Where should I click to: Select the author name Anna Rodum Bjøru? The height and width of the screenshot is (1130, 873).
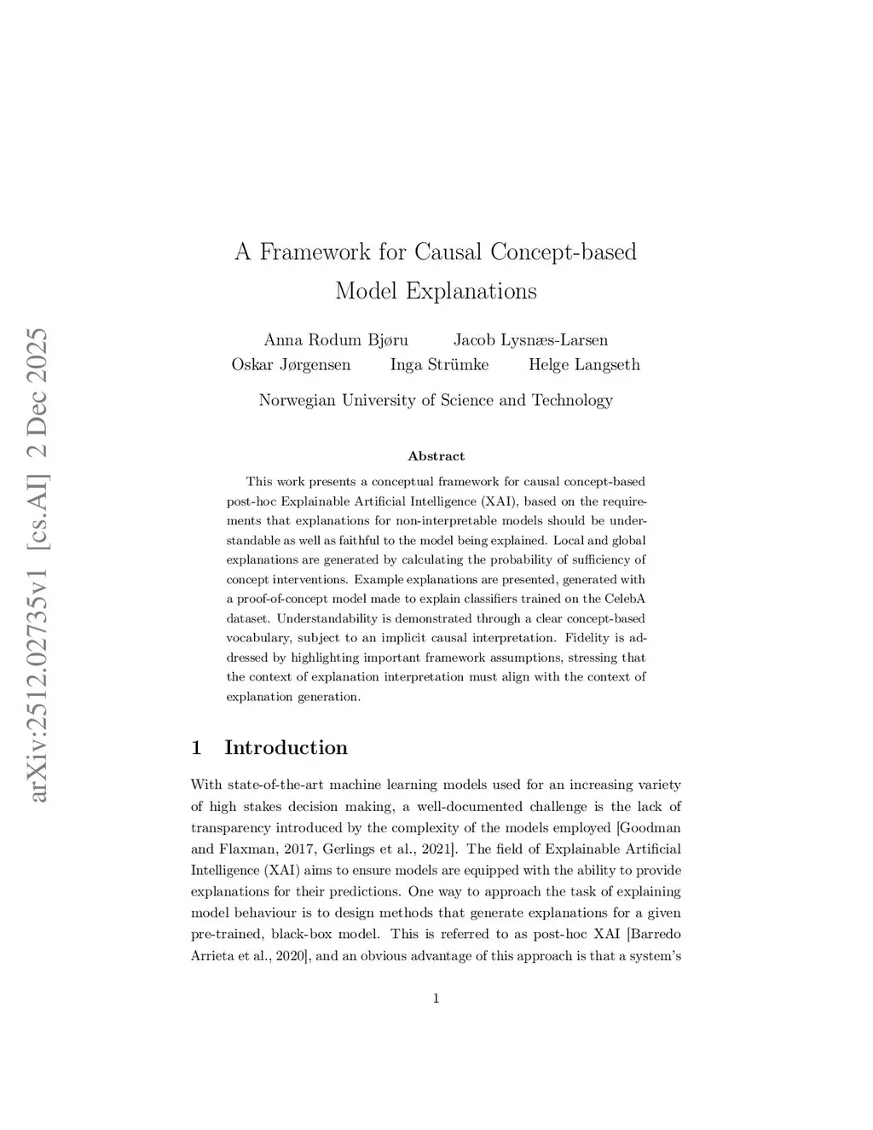point(336,340)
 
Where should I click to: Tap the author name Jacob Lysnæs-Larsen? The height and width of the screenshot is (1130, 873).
point(530,340)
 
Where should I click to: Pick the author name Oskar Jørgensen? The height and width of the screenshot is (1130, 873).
point(291,365)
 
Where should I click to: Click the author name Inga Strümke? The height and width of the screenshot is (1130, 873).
point(439,365)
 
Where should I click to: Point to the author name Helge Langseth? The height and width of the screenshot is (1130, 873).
point(584,365)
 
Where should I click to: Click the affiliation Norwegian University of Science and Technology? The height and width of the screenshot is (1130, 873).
point(436,400)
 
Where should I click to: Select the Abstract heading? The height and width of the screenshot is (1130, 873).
point(436,456)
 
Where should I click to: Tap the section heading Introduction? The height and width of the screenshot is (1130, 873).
point(286,748)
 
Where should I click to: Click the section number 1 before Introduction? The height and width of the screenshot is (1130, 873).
point(197,748)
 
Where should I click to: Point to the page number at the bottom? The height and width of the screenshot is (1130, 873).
point(436,999)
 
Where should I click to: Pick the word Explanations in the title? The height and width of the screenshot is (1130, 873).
point(471,291)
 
